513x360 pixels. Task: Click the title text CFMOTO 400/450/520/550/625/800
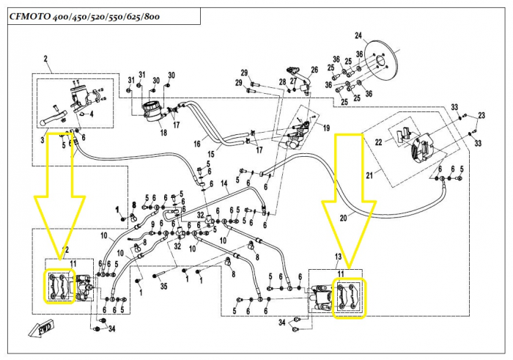86,16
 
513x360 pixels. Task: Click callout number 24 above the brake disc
358,36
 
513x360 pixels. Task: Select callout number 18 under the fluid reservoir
163,133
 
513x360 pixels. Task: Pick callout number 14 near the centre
224,182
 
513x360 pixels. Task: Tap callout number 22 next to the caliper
380,142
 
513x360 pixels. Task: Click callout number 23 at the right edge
481,115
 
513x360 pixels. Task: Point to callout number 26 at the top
314,70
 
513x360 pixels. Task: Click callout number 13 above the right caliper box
339,256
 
